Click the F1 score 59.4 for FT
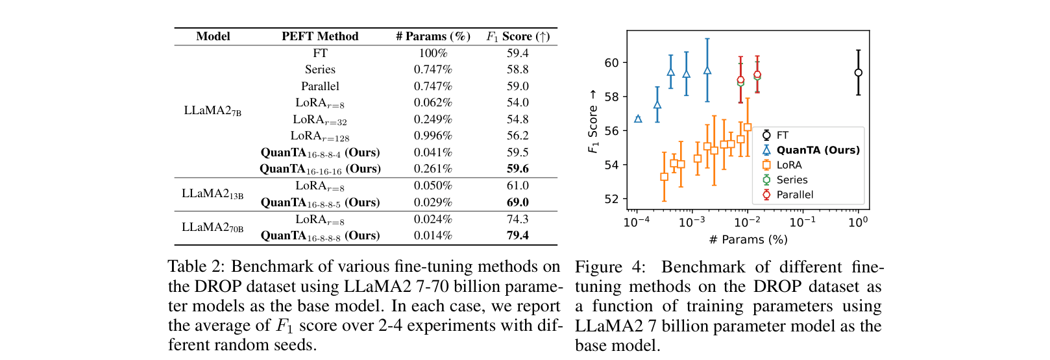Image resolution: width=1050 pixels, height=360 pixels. [x=517, y=53]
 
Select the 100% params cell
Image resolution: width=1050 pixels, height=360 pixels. [x=433, y=53]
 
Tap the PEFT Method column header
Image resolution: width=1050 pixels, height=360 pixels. [x=320, y=36]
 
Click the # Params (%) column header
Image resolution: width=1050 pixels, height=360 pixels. [x=433, y=36]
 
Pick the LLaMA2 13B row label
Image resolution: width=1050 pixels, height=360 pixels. [x=213, y=194]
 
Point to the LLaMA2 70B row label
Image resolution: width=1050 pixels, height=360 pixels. [x=213, y=228]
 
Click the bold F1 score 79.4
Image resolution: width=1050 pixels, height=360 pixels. [x=517, y=235]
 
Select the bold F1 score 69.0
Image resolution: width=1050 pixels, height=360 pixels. [x=517, y=202]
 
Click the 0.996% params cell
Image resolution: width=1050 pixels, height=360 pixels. [x=433, y=136]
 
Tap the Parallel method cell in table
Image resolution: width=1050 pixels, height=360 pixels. [x=320, y=86]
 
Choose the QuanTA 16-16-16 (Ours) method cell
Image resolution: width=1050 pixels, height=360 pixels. [x=320, y=169]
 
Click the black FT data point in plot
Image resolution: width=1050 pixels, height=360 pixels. [x=858, y=73]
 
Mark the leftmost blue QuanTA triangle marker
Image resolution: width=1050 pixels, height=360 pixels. [x=638, y=119]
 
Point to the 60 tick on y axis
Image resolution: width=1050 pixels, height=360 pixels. [x=611, y=63]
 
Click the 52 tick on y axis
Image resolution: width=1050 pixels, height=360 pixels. [x=611, y=199]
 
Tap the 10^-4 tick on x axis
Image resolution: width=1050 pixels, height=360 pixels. [x=637, y=222]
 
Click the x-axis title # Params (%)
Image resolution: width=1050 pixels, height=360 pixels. [x=748, y=239]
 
